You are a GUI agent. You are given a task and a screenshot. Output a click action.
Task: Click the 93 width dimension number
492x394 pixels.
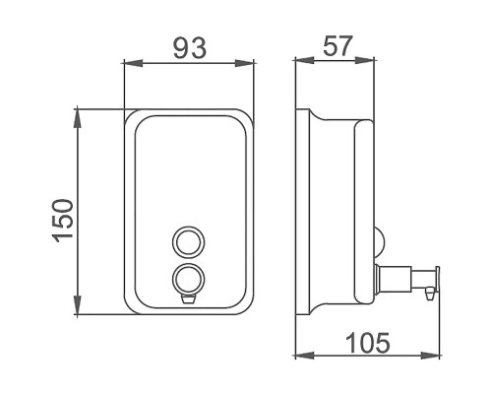point(190,48)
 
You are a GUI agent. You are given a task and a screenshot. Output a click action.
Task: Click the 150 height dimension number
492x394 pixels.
point(63,221)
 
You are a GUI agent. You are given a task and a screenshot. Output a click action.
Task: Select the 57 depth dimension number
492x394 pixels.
point(338,45)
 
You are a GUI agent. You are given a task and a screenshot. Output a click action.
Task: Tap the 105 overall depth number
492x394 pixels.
point(368,343)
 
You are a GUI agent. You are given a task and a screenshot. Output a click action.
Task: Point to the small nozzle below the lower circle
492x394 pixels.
point(189,299)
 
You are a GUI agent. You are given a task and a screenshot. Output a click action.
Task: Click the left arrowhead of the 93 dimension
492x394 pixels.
point(133,63)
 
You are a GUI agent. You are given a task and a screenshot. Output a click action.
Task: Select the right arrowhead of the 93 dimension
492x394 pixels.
point(245,63)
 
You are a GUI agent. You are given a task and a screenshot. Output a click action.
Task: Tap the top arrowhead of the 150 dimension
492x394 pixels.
point(78,119)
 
